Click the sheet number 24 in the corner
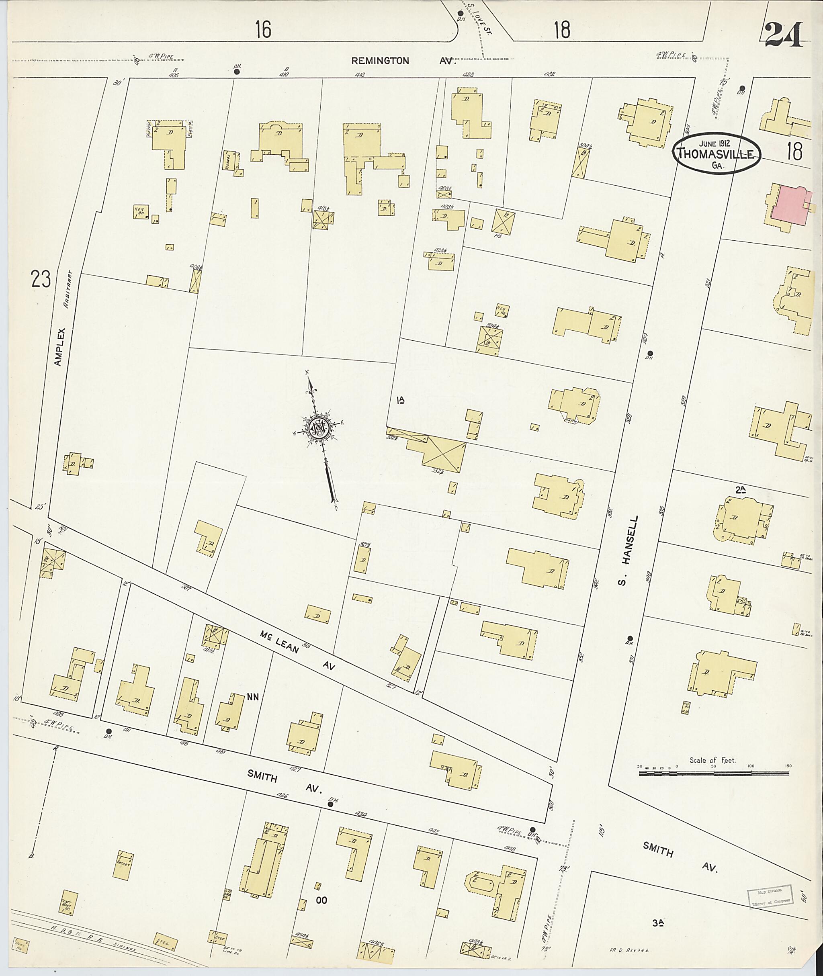point(784,35)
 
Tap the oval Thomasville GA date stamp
point(717,152)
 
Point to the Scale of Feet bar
point(713,773)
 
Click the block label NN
point(253,697)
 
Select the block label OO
point(321,900)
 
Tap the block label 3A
point(658,922)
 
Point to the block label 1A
point(400,400)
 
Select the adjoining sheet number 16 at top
point(263,30)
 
